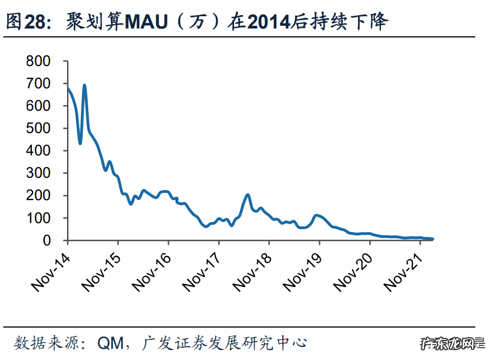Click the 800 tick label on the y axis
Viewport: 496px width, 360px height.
coord(39,61)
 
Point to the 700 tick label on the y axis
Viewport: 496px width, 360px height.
coord(39,83)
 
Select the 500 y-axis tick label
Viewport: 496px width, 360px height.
coord(39,128)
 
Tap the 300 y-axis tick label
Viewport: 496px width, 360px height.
coord(39,173)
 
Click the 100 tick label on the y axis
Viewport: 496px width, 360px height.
coord(39,218)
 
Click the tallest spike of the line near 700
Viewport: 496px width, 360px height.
coord(84,86)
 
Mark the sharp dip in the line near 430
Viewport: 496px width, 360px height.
coord(80,144)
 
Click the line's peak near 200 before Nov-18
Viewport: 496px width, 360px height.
coord(248,195)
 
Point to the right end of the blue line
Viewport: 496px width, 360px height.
coord(432,239)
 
